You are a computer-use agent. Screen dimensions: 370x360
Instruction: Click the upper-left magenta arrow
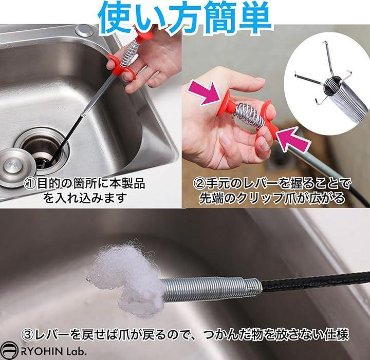pos(205,93)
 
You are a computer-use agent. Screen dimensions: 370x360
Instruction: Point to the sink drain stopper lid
pos(14,167)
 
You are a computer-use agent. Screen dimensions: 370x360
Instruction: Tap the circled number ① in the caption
pos(30,183)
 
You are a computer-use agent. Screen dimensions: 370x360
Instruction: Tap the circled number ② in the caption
pos(199,184)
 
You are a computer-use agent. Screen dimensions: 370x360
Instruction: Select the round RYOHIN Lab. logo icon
pos(9,351)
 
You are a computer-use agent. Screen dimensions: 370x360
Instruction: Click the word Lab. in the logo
pos(76,352)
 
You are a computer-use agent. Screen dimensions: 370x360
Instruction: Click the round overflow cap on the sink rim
pos(84,30)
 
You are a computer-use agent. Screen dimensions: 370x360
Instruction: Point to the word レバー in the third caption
pos(51,334)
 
